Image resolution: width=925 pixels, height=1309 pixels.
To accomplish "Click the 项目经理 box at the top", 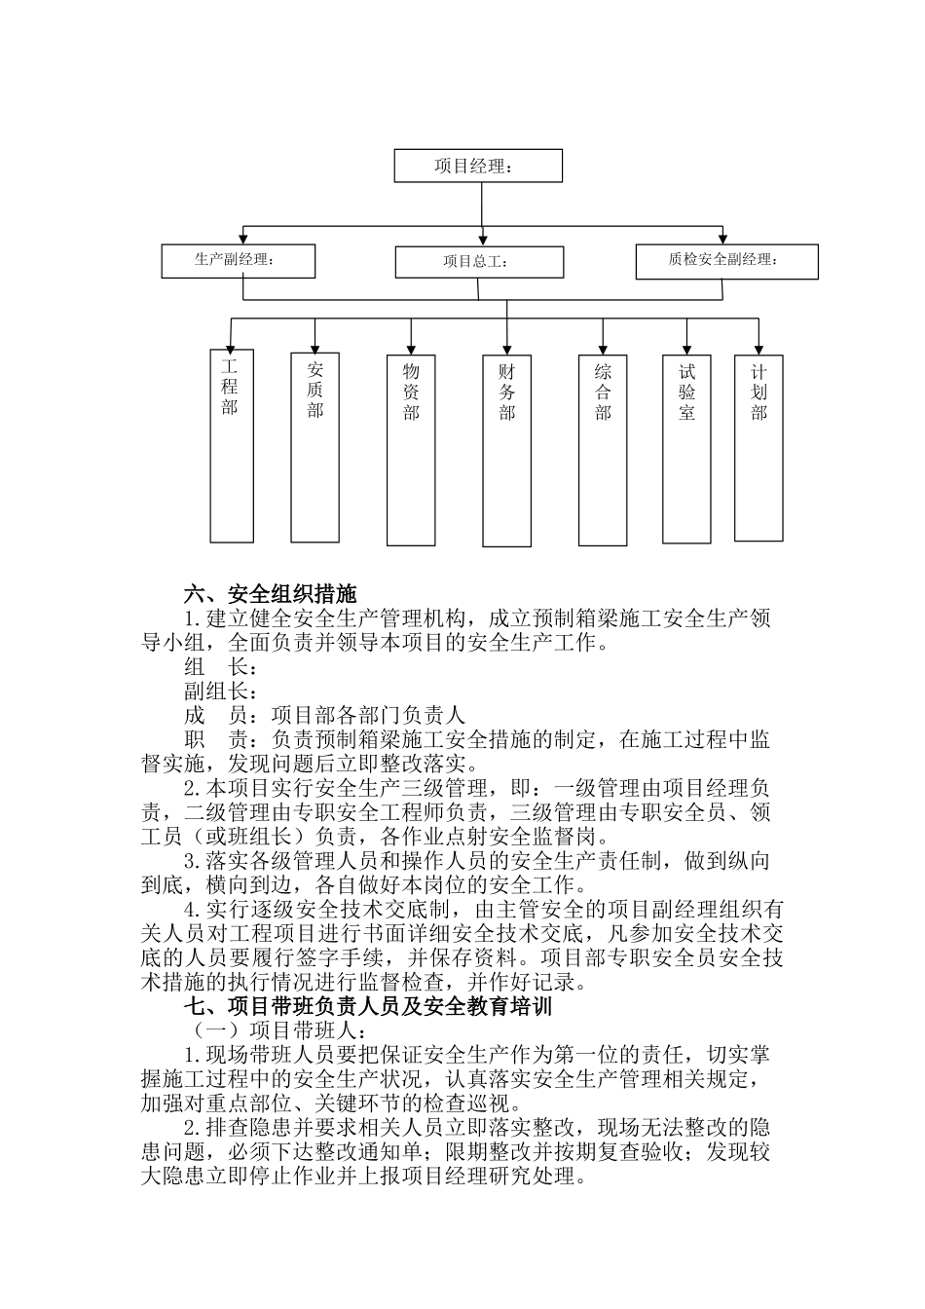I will (x=478, y=166).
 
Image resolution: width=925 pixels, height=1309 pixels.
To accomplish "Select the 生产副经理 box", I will (x=239, y=260).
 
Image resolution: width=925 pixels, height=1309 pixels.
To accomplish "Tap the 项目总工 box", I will (x=479, y=262).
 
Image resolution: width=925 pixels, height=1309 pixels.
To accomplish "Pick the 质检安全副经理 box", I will (x=726, y=261).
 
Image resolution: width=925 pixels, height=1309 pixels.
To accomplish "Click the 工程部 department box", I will (x=232, y=445).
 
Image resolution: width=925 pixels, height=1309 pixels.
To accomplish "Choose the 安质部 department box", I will (x=315, y=447).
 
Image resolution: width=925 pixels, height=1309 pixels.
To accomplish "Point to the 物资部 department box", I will (x=411, y=450).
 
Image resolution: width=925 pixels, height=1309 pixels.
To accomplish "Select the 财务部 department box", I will (x=507, y=450).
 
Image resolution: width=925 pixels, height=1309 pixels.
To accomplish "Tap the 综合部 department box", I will (x=603, y=450).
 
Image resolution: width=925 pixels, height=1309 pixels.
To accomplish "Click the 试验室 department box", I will (x=687, y=447).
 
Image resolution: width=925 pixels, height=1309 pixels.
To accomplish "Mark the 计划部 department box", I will (x=759, y=447).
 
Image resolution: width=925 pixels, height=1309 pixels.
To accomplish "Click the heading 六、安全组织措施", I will (x=271, y=593).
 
